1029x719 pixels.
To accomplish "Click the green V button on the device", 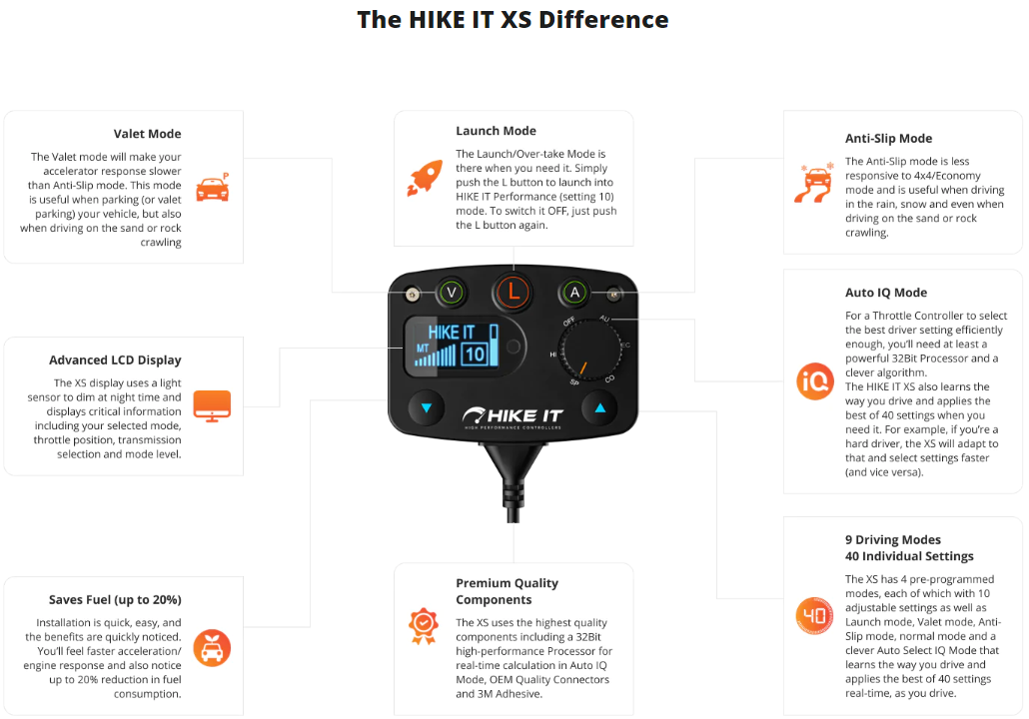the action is [452, 293].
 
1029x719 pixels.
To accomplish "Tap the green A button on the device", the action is [574, 293].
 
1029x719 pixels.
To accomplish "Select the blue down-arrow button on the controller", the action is [427, 408].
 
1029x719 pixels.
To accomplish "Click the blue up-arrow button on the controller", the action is [599, 408].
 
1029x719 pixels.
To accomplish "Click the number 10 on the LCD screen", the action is [474, 355].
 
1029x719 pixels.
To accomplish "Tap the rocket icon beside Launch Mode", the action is [425, 178].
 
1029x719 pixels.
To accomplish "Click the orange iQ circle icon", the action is [815, 381].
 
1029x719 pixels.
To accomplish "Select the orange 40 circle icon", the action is [815, 615].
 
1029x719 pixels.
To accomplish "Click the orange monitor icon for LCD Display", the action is [212, 406].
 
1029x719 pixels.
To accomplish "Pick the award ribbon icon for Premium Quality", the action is [424, 626].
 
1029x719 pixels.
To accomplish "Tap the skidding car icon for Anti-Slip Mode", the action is [814, 183].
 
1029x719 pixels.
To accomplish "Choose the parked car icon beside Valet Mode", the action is [213, 188].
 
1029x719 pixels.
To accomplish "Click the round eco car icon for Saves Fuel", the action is [212, 648].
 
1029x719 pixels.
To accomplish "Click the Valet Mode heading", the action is [147, 134].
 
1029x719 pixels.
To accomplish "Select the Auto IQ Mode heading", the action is [886, 293].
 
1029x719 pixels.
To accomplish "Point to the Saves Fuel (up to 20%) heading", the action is [115, 599].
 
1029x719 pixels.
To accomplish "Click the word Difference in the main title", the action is [603, 20].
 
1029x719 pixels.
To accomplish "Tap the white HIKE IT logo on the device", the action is [513, 415].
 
